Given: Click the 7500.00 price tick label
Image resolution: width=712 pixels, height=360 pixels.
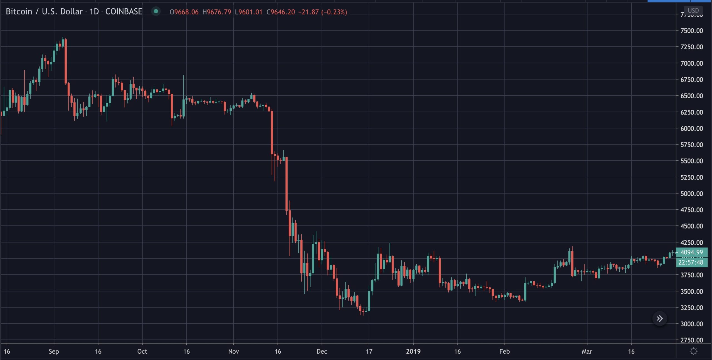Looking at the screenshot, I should [x=691, y=31].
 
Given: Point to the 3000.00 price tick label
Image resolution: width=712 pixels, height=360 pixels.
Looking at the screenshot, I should [x=691, y=324].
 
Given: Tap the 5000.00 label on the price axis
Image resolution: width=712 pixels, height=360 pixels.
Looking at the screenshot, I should [x=691, y=193].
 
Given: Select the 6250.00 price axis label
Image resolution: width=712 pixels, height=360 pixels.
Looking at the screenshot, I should [x=691, y=112].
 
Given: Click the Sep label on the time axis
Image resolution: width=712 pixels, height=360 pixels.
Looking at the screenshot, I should [x=54, y=351].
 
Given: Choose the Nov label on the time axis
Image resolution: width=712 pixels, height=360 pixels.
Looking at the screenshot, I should [x=233, y=351].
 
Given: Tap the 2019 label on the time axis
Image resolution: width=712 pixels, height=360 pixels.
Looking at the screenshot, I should [x=413, y=351].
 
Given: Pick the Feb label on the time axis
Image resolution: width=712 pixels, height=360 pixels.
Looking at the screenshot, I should [x=504, y=351].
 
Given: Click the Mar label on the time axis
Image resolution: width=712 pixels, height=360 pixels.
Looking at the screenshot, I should [x=587, y=351].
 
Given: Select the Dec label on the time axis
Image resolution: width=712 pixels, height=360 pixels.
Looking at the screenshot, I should [x=322, y=351].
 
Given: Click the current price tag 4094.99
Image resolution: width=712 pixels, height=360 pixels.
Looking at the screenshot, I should [x=691, y=252].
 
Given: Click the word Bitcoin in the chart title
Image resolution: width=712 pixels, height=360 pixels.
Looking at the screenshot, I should [x=19, y=12].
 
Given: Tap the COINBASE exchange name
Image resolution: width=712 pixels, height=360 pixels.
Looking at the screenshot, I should [x=124, y=12].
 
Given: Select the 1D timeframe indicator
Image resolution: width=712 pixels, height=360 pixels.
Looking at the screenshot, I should [x=94, y=12].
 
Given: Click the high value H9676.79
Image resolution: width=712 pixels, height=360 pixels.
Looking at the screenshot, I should [x=217, y=12].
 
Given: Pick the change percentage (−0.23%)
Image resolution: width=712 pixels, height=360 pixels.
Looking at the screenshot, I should [x=334, y=12].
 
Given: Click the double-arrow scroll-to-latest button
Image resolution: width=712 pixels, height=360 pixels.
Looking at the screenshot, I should [x=660, y=319].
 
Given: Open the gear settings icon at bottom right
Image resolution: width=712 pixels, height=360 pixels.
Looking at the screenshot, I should [x=694, y=351].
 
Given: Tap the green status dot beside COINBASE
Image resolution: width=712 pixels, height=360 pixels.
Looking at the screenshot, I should [x=156, y=11].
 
